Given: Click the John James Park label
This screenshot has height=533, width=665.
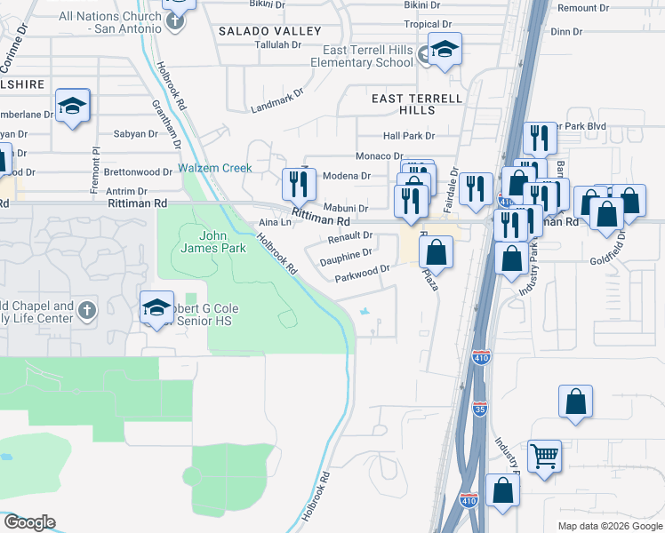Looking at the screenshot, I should pyautogui.click(x=221, y=242).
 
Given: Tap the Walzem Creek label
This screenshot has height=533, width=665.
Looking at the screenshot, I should pyautogui.click(x=215, y=168).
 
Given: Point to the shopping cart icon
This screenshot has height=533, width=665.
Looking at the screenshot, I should pyautogui.click(x=544, y=457).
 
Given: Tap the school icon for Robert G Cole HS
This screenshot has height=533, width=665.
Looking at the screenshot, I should pyautogui.click(x=156, y=307).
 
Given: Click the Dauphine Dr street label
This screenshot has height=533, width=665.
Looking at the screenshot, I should pyautogui.click(x=346, y=253).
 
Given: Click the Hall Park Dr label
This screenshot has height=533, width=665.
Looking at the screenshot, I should pyautogui.click(x=409, y=136).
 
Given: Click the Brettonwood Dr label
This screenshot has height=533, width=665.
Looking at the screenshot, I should pyautogui.click(x=138, y=171).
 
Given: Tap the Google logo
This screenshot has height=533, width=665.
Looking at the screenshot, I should pyautogui.click(x=29, y=522).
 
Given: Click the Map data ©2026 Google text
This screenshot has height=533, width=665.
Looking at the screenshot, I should pyautogui.click(x=609, y=526).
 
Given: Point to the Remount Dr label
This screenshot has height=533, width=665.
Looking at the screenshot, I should pyautogui.click(x=583, y=8).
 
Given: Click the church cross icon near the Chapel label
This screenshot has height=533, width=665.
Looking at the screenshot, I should pyautogui.click(x=86, y=311).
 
